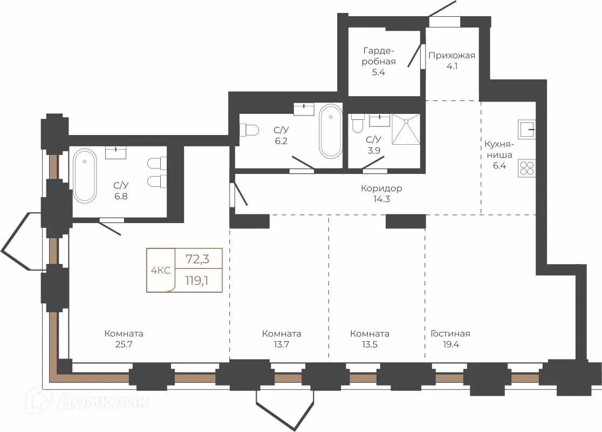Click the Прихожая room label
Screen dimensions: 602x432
[452, 55]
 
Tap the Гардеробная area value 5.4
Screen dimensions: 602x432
[378, 72]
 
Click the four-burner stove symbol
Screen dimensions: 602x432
[526, 168]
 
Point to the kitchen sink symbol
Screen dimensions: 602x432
[526, 130]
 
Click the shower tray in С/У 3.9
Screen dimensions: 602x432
[406, 129]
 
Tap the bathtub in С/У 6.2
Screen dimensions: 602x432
[331, 131]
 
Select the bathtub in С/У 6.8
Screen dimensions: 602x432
[85, 176]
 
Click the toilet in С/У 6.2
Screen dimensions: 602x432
[249, 130]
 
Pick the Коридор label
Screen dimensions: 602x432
[381, 188]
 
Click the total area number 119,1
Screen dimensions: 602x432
[197, 281]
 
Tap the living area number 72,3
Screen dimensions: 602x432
[197, 259]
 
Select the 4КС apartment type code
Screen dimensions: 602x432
[161, 271]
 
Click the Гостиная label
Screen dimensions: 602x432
[450, 334]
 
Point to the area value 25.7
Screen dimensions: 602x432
[124, 345]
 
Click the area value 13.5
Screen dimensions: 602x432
[370, 345]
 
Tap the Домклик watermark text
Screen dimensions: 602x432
[103, 402]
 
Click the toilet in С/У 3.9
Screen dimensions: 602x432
[358, 123]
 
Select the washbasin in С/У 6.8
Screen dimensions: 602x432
[115, 153]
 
